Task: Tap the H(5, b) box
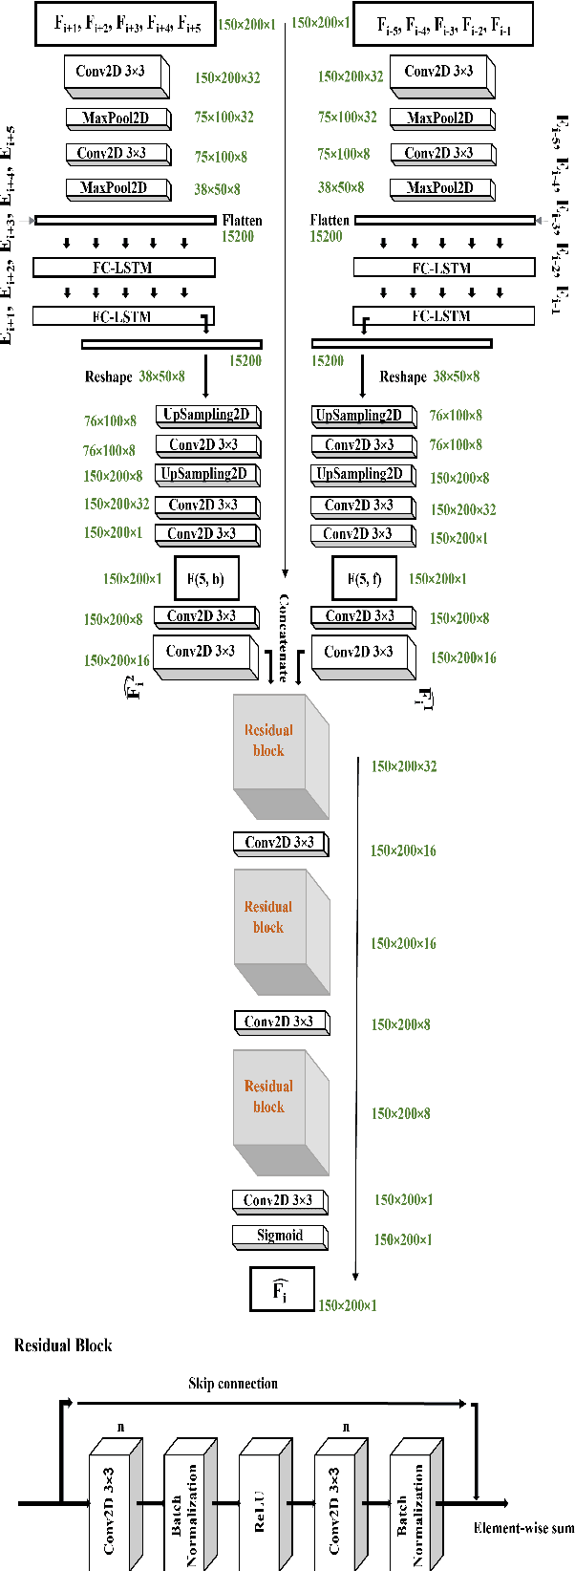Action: point(206,578)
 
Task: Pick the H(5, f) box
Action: point(364,578)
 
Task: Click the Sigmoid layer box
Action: point(279,1236)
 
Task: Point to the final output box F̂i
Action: point(281,1291)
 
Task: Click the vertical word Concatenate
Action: point(284,636)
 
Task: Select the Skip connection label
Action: point(233,1383)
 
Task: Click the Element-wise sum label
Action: point(523,1528)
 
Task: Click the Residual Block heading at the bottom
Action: point(63,1345)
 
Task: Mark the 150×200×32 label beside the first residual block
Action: point(404,765)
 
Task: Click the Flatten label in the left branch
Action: point(242,220)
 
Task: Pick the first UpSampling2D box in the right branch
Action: point(363,416)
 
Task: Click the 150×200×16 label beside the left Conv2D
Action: point(117,660)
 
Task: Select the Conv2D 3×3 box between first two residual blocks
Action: point(279,843)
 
